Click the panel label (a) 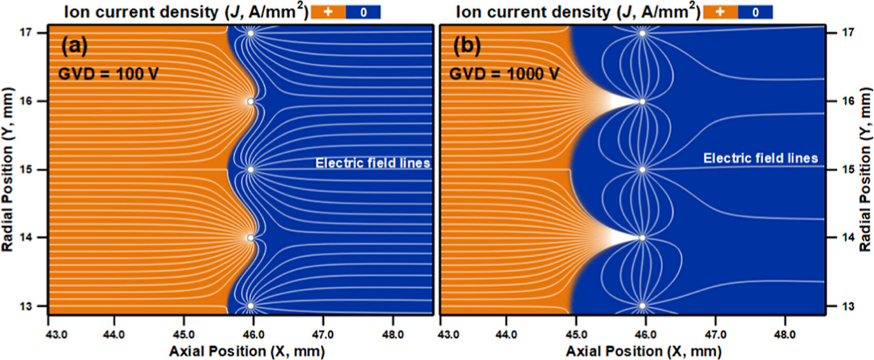coord(76,46)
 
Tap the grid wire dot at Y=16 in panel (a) coord(251,101)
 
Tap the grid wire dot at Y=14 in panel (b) coord(642,238)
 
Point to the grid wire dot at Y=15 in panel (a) coord(251,169)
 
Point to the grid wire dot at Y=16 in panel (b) coord(642,101)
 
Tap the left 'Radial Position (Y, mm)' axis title coord(10,169)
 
